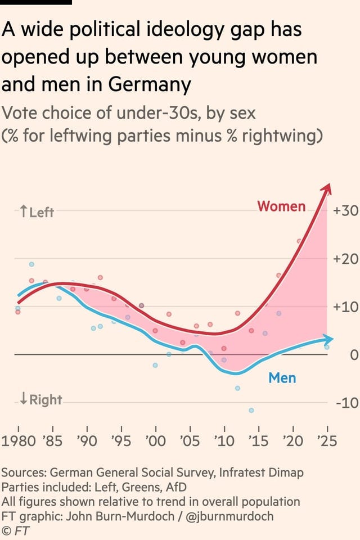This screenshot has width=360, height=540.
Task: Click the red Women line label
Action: tap(281, 206)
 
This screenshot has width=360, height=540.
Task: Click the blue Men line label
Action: tap(282, 377)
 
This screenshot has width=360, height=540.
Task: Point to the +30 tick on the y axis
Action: tap(345, 211)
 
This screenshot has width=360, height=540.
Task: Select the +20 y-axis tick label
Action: tap(345, 259)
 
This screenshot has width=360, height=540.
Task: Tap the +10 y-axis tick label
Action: tap(345, 307)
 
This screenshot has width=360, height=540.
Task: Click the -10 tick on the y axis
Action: tap(346, 403)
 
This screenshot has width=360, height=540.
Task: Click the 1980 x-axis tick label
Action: tap(19, 440)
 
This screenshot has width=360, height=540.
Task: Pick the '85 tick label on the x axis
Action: tap(53, 440)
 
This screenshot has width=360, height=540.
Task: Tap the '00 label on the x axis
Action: tap(155, 440)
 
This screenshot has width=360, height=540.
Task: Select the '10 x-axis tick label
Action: tap(224, 440)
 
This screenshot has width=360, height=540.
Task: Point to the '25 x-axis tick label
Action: tap(326, 440)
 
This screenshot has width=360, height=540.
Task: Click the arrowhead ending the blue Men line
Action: tap(329, 339)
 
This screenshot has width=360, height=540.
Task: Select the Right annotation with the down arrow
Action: tap(40, 400)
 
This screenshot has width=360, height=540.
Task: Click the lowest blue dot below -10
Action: tap(251, 410)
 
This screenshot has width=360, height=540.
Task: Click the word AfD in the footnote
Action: tap(175, 487)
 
